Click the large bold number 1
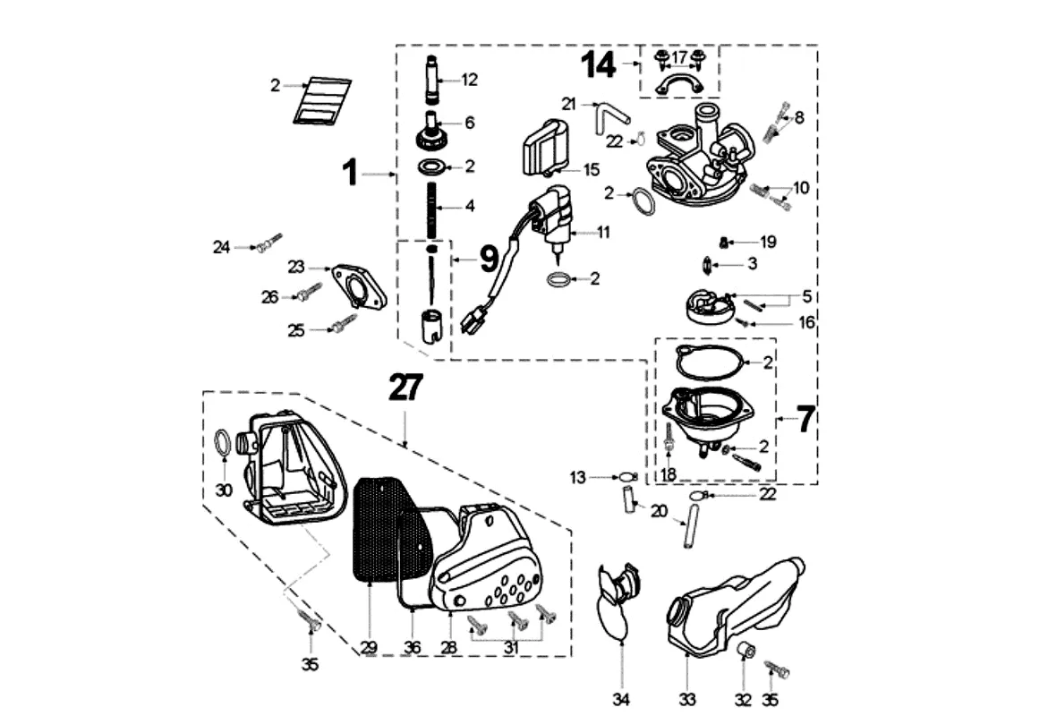click(x=352, y=173)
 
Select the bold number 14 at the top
click(x=599, y=64)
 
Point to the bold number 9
click(x=488, y=260)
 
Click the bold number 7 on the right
click(x=805, y=418)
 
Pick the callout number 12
click(x=470, y=80)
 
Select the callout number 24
click(x=221, y=247)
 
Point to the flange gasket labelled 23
click(x=358, y=285)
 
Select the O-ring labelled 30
click(x=223, y=444)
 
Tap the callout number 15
click(x=592, y=169)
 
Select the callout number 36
click(x=412, y=647)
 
